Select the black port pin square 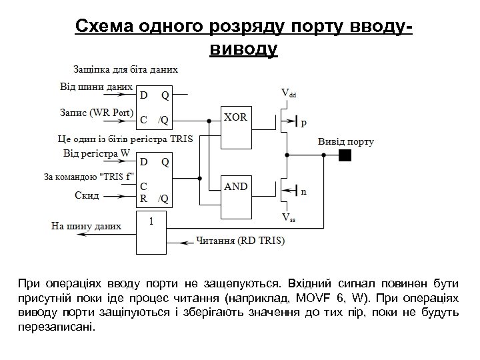click(x=344, y=156)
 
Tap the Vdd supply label click(x=288, y=93)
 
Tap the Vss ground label click(x=288, y=217)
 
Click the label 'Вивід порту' click(x=345, y=141)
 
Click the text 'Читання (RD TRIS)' click(x=241, y=240)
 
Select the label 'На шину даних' click(x=86, y=226)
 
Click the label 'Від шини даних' click(x=96, y=86)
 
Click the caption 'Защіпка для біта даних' click(x=125, y=69)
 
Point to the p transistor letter click(x=304, y=123)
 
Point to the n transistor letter click(x=304, y=193)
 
